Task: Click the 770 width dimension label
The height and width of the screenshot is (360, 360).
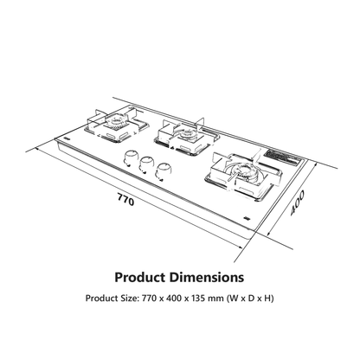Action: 125,199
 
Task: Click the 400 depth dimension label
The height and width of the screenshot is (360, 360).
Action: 297,202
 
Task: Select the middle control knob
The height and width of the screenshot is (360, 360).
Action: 146,164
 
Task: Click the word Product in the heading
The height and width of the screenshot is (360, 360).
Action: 139,278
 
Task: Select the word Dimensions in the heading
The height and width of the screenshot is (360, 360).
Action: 207,278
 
